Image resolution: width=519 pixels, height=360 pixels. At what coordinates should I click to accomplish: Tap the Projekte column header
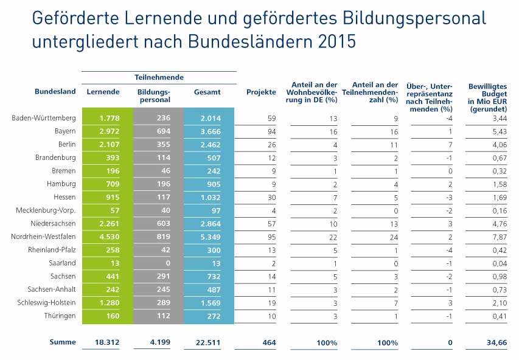point(261,92)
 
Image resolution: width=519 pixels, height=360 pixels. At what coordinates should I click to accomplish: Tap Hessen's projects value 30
point(271,197)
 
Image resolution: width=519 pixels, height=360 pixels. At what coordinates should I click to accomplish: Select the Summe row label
point(63,342)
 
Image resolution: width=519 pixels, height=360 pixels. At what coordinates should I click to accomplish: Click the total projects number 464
point(268,342)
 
